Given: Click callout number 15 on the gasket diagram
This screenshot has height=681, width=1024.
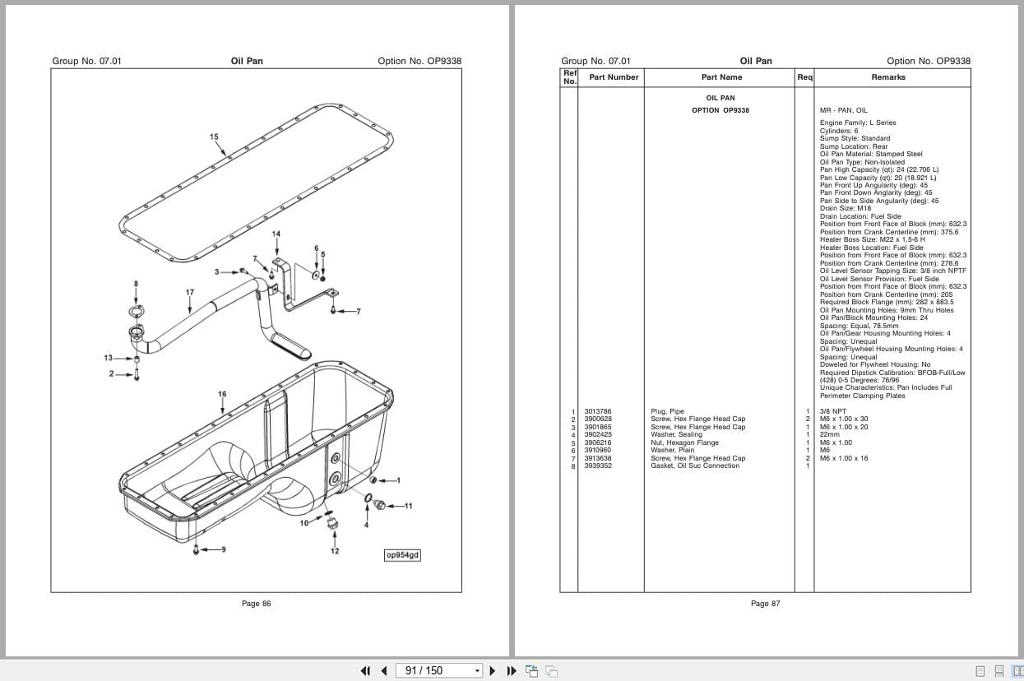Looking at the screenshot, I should tap(214, 137).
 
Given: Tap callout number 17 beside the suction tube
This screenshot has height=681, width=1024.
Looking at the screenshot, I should tap(190, 292).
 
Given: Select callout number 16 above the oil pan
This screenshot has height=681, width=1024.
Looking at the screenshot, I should tap(222, 394).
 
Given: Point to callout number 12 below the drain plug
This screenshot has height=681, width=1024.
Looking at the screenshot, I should tap(335, 550).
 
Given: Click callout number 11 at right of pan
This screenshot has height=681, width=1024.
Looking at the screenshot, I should tap(408, 506).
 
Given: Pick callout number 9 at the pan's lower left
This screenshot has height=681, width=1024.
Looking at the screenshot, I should tap(223, 549).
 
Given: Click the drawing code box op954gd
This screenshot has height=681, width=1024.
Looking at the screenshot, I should tap(402, 555).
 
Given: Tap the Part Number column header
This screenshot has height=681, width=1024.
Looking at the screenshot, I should tap(614, 77).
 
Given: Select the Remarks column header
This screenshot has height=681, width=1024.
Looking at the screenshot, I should tap(887, 77).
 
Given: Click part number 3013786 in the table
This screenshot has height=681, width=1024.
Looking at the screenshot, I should tap(598, 411).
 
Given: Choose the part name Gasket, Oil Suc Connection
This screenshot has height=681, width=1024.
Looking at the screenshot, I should tap(694, 466).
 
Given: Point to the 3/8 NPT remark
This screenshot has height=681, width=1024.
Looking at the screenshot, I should tap(832, 411).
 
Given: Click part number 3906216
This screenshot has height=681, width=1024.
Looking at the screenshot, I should tap(598, 442).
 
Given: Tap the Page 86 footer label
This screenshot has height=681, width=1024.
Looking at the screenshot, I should tap(256, 604).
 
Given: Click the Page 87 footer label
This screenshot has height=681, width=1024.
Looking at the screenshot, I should tap(765, 604).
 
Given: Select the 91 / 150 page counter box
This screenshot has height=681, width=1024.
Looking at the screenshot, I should tap(439, 670).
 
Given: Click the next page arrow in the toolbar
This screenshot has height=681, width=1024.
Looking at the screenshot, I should tap(493, 670).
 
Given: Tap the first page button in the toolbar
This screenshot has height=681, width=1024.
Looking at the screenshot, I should tap(365, 670).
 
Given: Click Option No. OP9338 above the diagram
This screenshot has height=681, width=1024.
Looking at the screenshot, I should tap(419, 61).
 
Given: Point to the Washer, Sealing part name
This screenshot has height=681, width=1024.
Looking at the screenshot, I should tap(676, 434).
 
